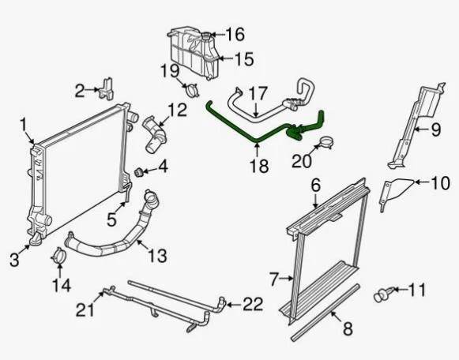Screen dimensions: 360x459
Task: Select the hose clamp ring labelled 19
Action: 190,89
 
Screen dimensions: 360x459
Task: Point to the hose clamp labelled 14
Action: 58,257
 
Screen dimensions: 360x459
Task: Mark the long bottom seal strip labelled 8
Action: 325,313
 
